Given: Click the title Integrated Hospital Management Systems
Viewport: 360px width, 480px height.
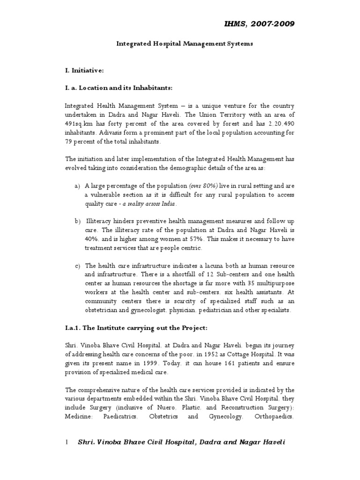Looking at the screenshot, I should pyautogui.click(x=184, y=44).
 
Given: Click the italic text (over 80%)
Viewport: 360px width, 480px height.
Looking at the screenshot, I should pyautogui.click(x=204, y=186).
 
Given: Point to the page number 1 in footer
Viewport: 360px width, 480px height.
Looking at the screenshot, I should pyautogui.click(x=67, y=442).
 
